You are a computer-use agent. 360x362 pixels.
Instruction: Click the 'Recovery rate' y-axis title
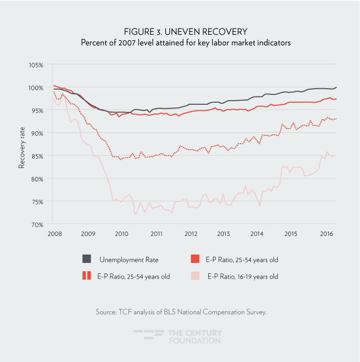(22, 145)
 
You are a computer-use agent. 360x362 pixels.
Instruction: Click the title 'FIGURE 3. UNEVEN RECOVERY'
(180, 32)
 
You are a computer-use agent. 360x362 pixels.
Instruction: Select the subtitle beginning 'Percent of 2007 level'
(180, 43)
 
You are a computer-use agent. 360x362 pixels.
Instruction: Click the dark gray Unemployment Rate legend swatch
(87, 259)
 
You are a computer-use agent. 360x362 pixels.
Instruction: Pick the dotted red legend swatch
(87, 276)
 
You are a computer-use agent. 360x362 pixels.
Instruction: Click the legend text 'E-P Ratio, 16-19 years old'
(242, 276)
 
